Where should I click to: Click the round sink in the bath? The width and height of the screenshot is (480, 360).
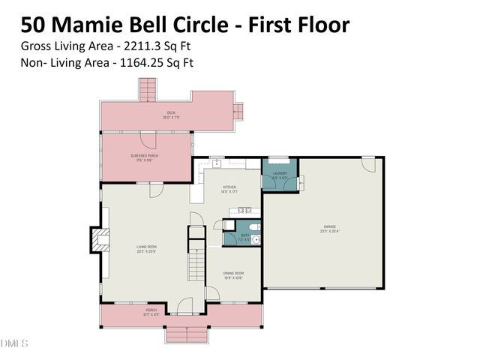pyautogui.click(x=255, y=240)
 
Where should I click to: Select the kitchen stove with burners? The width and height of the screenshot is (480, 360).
pyautogui.click(x=244, y=211)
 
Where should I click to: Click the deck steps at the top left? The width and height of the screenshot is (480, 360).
pyautogui.click(x=147, y=91)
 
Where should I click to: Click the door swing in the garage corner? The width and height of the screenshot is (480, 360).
pyautogui.click(x=368, y=163)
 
